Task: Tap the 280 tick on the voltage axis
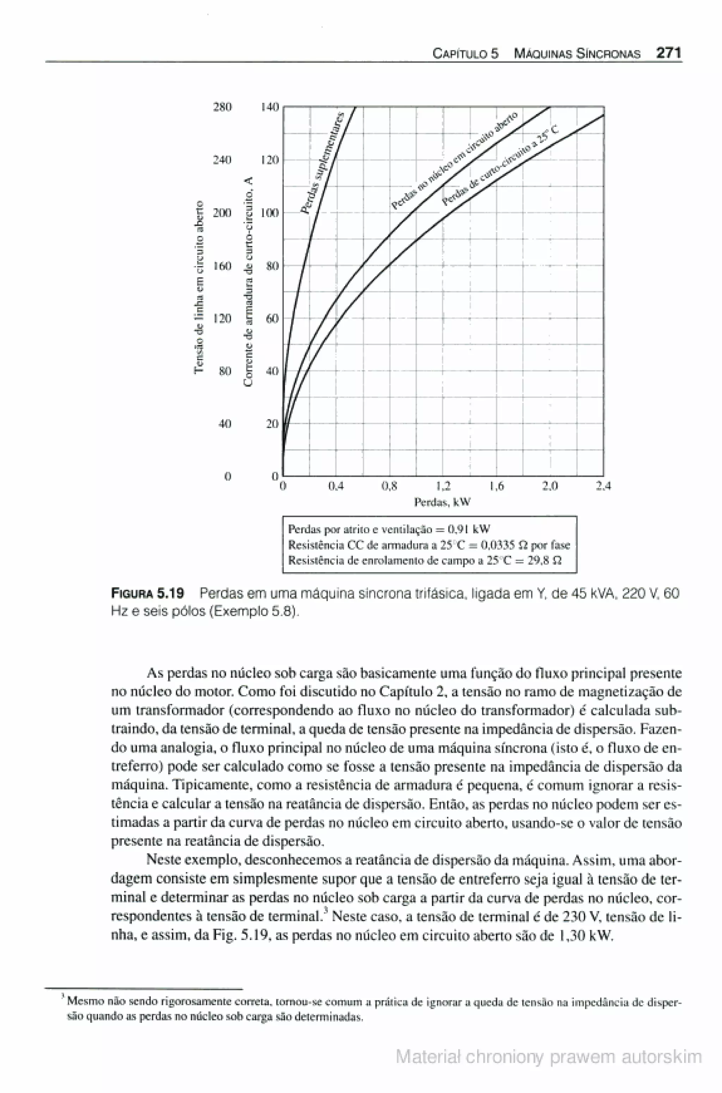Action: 223,107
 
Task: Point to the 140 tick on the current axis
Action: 270,107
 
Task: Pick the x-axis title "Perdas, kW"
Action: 442,502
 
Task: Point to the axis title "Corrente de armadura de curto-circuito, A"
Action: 249,282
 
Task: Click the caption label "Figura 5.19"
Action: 148,593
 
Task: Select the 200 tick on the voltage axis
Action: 223,213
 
